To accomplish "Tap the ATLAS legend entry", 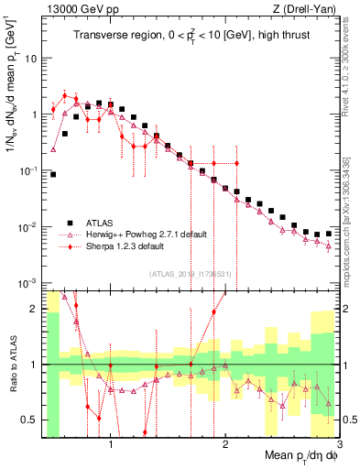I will click(104, 223).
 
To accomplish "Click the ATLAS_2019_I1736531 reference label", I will click(191, 272).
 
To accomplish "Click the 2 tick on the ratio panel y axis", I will click(34, 309).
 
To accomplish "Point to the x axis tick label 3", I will click(338, 443).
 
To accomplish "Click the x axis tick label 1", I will click(111, 443).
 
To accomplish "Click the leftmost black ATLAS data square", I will click(53, 174).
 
